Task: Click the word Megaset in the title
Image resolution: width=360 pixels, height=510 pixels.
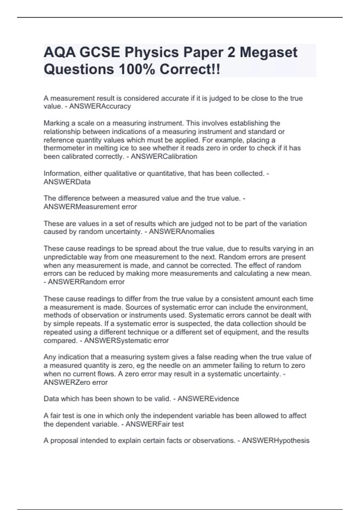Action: coord(268,52)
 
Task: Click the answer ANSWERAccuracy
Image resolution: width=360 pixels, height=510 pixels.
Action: coord(100,106)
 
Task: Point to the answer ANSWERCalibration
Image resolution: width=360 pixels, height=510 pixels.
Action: coord(164,157)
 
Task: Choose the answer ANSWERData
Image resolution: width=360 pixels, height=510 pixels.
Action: coord(67,182)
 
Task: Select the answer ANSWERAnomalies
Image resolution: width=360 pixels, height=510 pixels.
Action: coord(181,232)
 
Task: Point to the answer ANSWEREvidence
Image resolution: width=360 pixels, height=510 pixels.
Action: coord(208,399)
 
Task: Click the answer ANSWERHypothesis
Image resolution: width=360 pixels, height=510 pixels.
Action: coord(275,441)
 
